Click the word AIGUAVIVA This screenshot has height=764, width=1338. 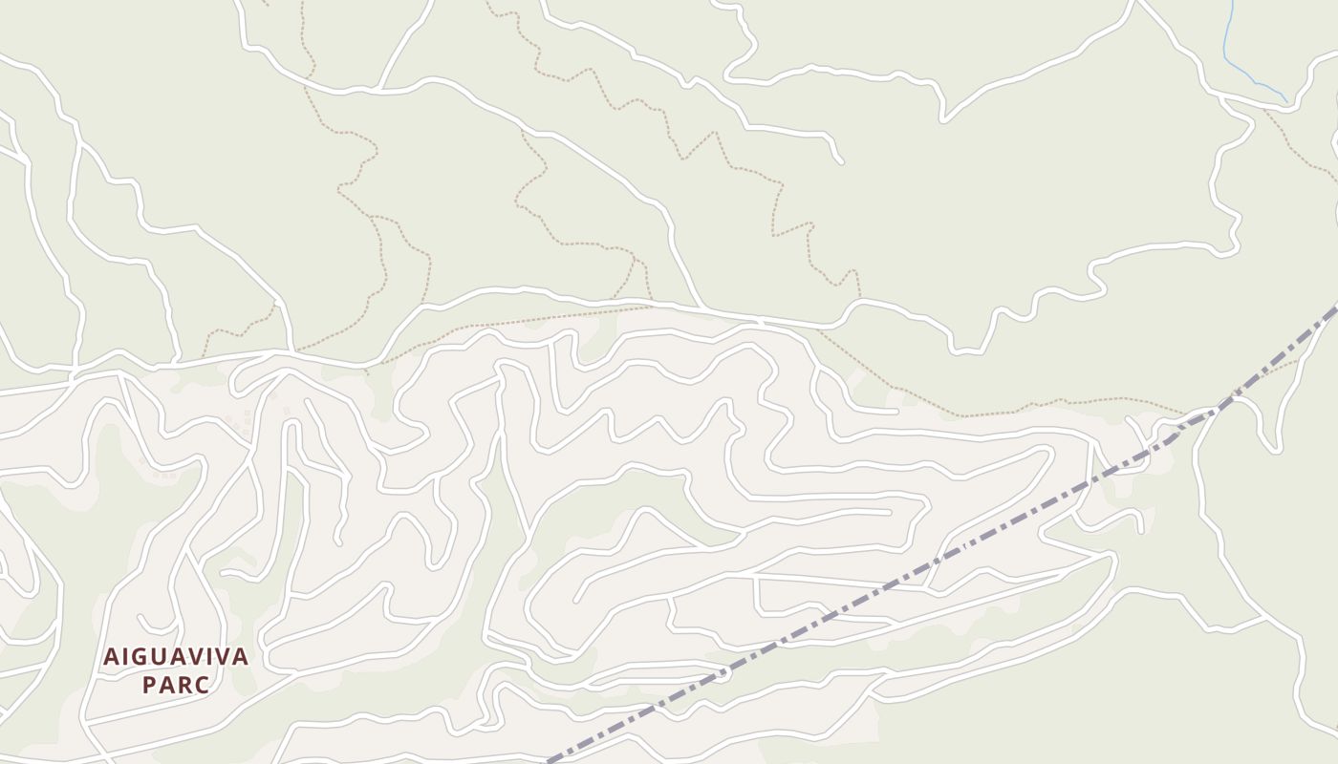click(176, 657)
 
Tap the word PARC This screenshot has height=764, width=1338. click(176, 685)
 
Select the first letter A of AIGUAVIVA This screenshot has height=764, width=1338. click(110, 657)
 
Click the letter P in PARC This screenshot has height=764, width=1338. click(148, 685)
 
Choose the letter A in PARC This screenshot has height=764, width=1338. click(166, 685)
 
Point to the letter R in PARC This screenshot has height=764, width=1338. click(184, 685)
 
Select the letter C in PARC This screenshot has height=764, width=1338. click(203, 685)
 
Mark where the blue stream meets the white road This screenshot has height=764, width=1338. click(1286, 101)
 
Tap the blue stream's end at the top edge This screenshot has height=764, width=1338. click(1229, 2)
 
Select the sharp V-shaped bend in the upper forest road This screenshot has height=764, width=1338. click(943, 120)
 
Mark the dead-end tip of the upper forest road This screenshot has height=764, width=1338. click(841, 161)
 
